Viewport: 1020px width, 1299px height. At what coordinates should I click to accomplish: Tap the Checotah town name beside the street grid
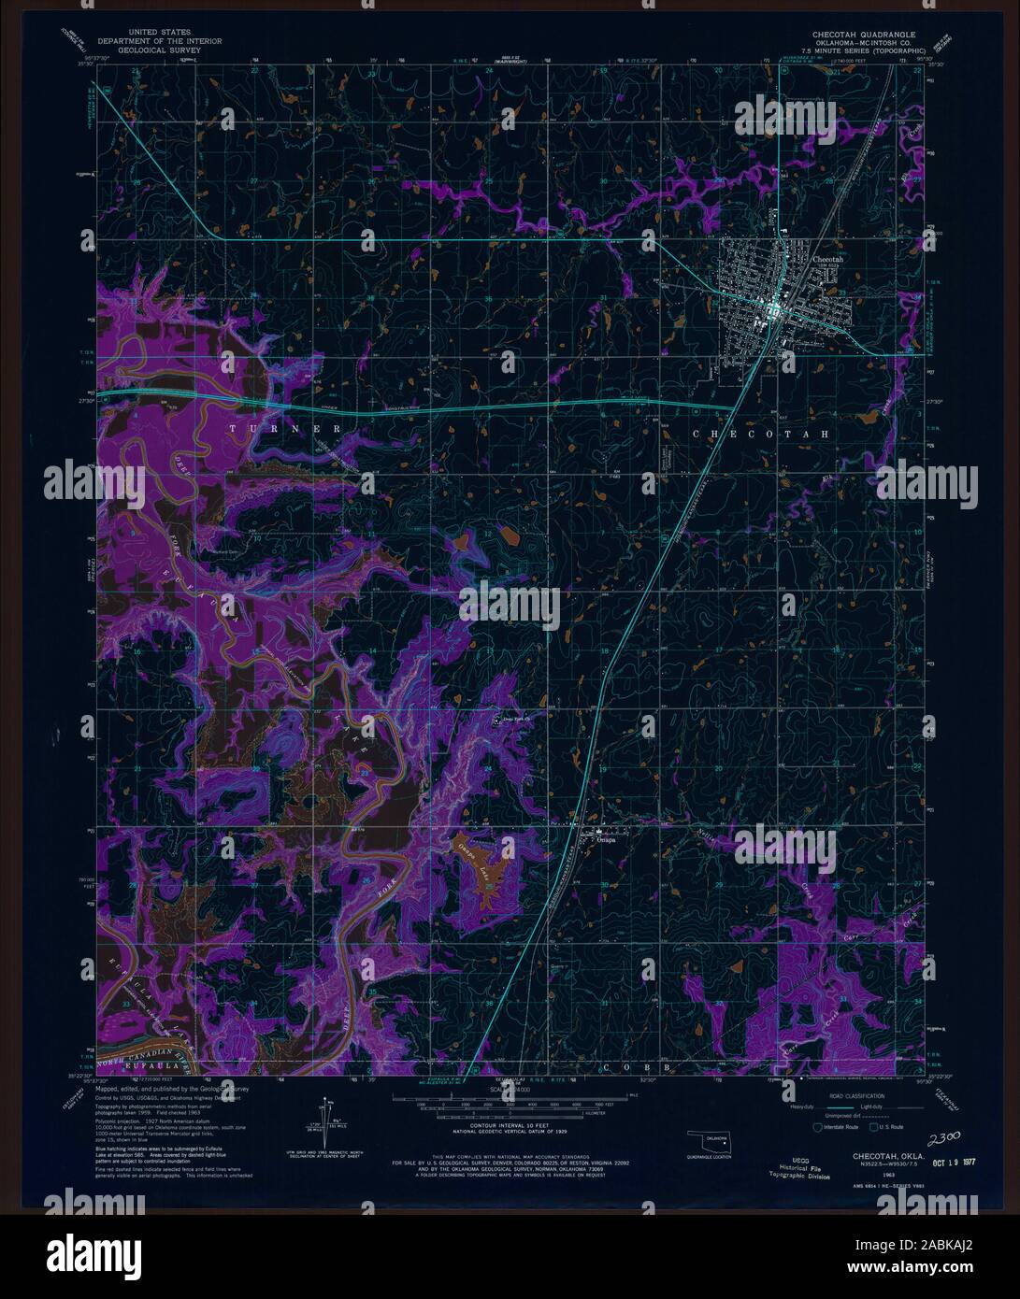point(828,258)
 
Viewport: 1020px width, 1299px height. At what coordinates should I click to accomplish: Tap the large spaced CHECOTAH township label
point(761,435)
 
